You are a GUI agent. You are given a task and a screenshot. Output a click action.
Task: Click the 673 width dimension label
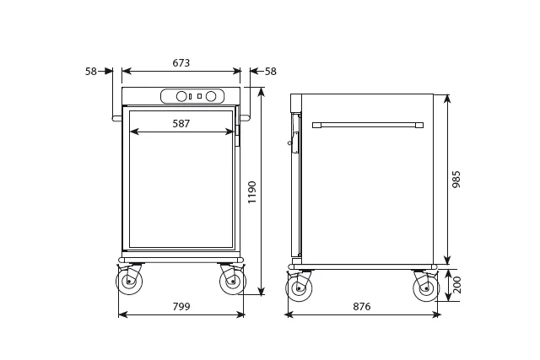point(181,63)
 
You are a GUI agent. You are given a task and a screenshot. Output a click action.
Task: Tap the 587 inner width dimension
point(181,124)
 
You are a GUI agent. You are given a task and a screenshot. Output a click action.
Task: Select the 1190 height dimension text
point(252,192)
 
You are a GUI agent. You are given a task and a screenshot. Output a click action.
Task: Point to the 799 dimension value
point(181,306)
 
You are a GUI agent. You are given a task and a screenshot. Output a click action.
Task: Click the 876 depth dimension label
point(362,306)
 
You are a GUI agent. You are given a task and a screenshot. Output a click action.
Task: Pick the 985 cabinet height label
point(456,180)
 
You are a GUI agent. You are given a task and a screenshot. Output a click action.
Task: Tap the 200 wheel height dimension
point(456,285)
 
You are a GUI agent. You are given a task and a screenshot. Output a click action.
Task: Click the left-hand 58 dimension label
point(91,72)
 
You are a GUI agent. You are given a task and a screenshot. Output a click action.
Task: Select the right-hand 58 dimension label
point(271,72)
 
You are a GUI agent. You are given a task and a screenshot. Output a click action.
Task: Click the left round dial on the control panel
point(181,96)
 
